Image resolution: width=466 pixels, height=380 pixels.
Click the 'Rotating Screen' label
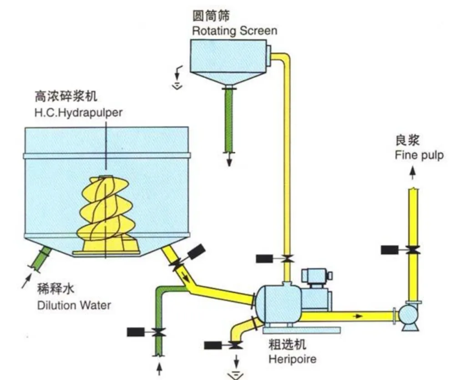coord(234,31)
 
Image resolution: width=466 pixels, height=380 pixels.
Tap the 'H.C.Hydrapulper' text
coord(78,113)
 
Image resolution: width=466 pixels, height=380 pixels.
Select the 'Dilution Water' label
coord(74,305)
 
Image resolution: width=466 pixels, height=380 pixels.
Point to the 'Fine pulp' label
coord(419,155)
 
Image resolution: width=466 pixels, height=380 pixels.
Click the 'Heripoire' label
coord(293,359)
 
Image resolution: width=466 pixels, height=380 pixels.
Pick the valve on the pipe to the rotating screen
coord(287,259)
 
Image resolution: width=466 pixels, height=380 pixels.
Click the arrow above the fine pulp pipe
coord(412,173)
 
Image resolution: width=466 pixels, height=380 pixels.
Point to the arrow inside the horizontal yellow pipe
coord(358,316)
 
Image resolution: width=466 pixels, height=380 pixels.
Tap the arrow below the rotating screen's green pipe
coord(229,160)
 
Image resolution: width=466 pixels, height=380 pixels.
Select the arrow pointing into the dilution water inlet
coord(26,281)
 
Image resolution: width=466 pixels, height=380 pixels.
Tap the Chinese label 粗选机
coord(287,345)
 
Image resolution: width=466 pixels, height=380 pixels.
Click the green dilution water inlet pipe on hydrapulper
coord(41,259)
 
